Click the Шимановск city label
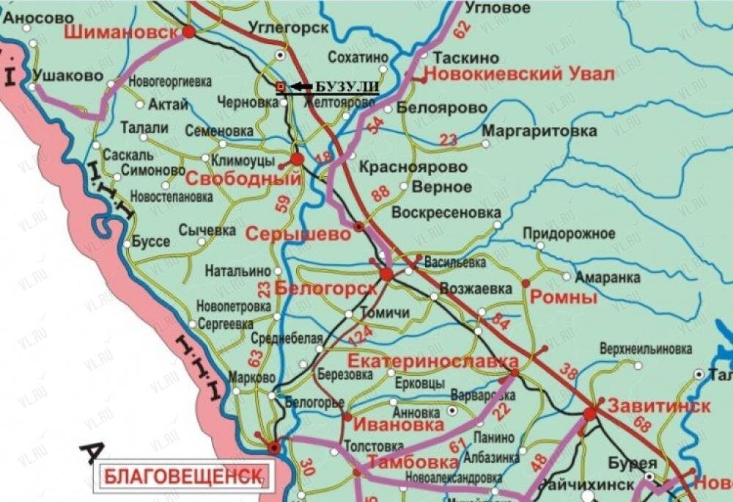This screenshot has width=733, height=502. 122,32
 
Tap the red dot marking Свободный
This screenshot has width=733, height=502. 297,159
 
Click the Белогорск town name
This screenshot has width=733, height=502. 325,288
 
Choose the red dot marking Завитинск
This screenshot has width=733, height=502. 590,415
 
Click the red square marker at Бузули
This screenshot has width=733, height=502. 279,87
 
